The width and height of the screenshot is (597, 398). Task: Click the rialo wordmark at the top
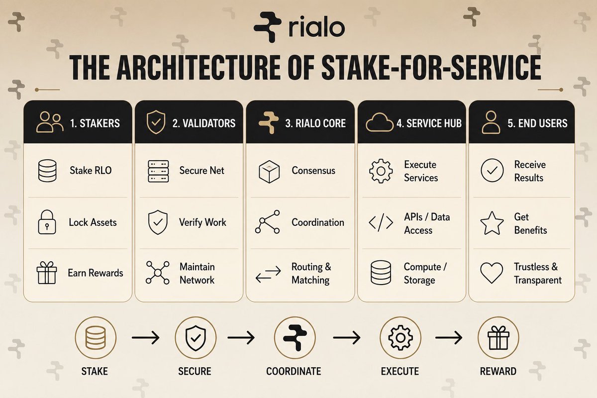[x=316, y=28]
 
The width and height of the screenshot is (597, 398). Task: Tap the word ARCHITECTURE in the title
[x=199, y=67]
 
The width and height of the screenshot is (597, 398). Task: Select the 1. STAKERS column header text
[x=95, y=123]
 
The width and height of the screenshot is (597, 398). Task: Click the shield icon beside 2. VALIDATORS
[x=156, y=122]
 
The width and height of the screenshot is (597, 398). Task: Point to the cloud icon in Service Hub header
[x=380, y=122]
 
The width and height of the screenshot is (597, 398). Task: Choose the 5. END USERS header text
[x=538, y=123]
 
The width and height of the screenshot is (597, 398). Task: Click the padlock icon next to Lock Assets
[x=47, y=222]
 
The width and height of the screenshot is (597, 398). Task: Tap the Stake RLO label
[x=91, y=170]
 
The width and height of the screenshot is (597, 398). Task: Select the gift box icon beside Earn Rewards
[x=47, y=273]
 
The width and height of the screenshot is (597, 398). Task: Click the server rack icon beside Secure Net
[x=158, y=171]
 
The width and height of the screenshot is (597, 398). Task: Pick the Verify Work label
[x=202, y=222]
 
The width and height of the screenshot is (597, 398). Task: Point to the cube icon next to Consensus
[x=269, y=172]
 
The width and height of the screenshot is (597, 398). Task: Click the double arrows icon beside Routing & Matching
[x=268, y=274]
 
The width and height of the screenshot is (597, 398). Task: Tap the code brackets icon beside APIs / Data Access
[x=381, y=222]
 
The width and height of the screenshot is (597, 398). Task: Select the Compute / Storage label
[x=425, y=273]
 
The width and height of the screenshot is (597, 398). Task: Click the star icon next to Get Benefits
[x=492, y=223]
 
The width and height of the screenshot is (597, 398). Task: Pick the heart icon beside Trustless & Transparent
[x=492, y=273]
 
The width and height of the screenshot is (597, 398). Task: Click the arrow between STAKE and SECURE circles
[x=145, y=337]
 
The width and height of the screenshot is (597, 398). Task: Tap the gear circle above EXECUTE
[x=400, y=338]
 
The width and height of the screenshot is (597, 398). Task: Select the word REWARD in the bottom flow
[x=498, y=371]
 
